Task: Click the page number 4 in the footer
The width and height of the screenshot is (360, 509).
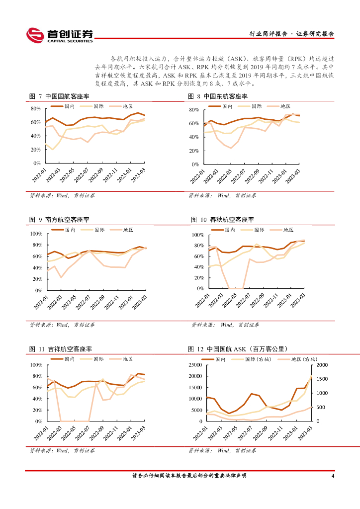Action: (333, 476)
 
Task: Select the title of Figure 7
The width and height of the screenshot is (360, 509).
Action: (59, 96)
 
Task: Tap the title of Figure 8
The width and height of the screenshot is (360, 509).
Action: (218, 96)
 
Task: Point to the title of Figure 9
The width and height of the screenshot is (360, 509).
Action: (59, 219)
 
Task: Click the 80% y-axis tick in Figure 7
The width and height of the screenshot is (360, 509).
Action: (35, 108)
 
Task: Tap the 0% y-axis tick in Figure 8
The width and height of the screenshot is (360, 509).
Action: (195, 164)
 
